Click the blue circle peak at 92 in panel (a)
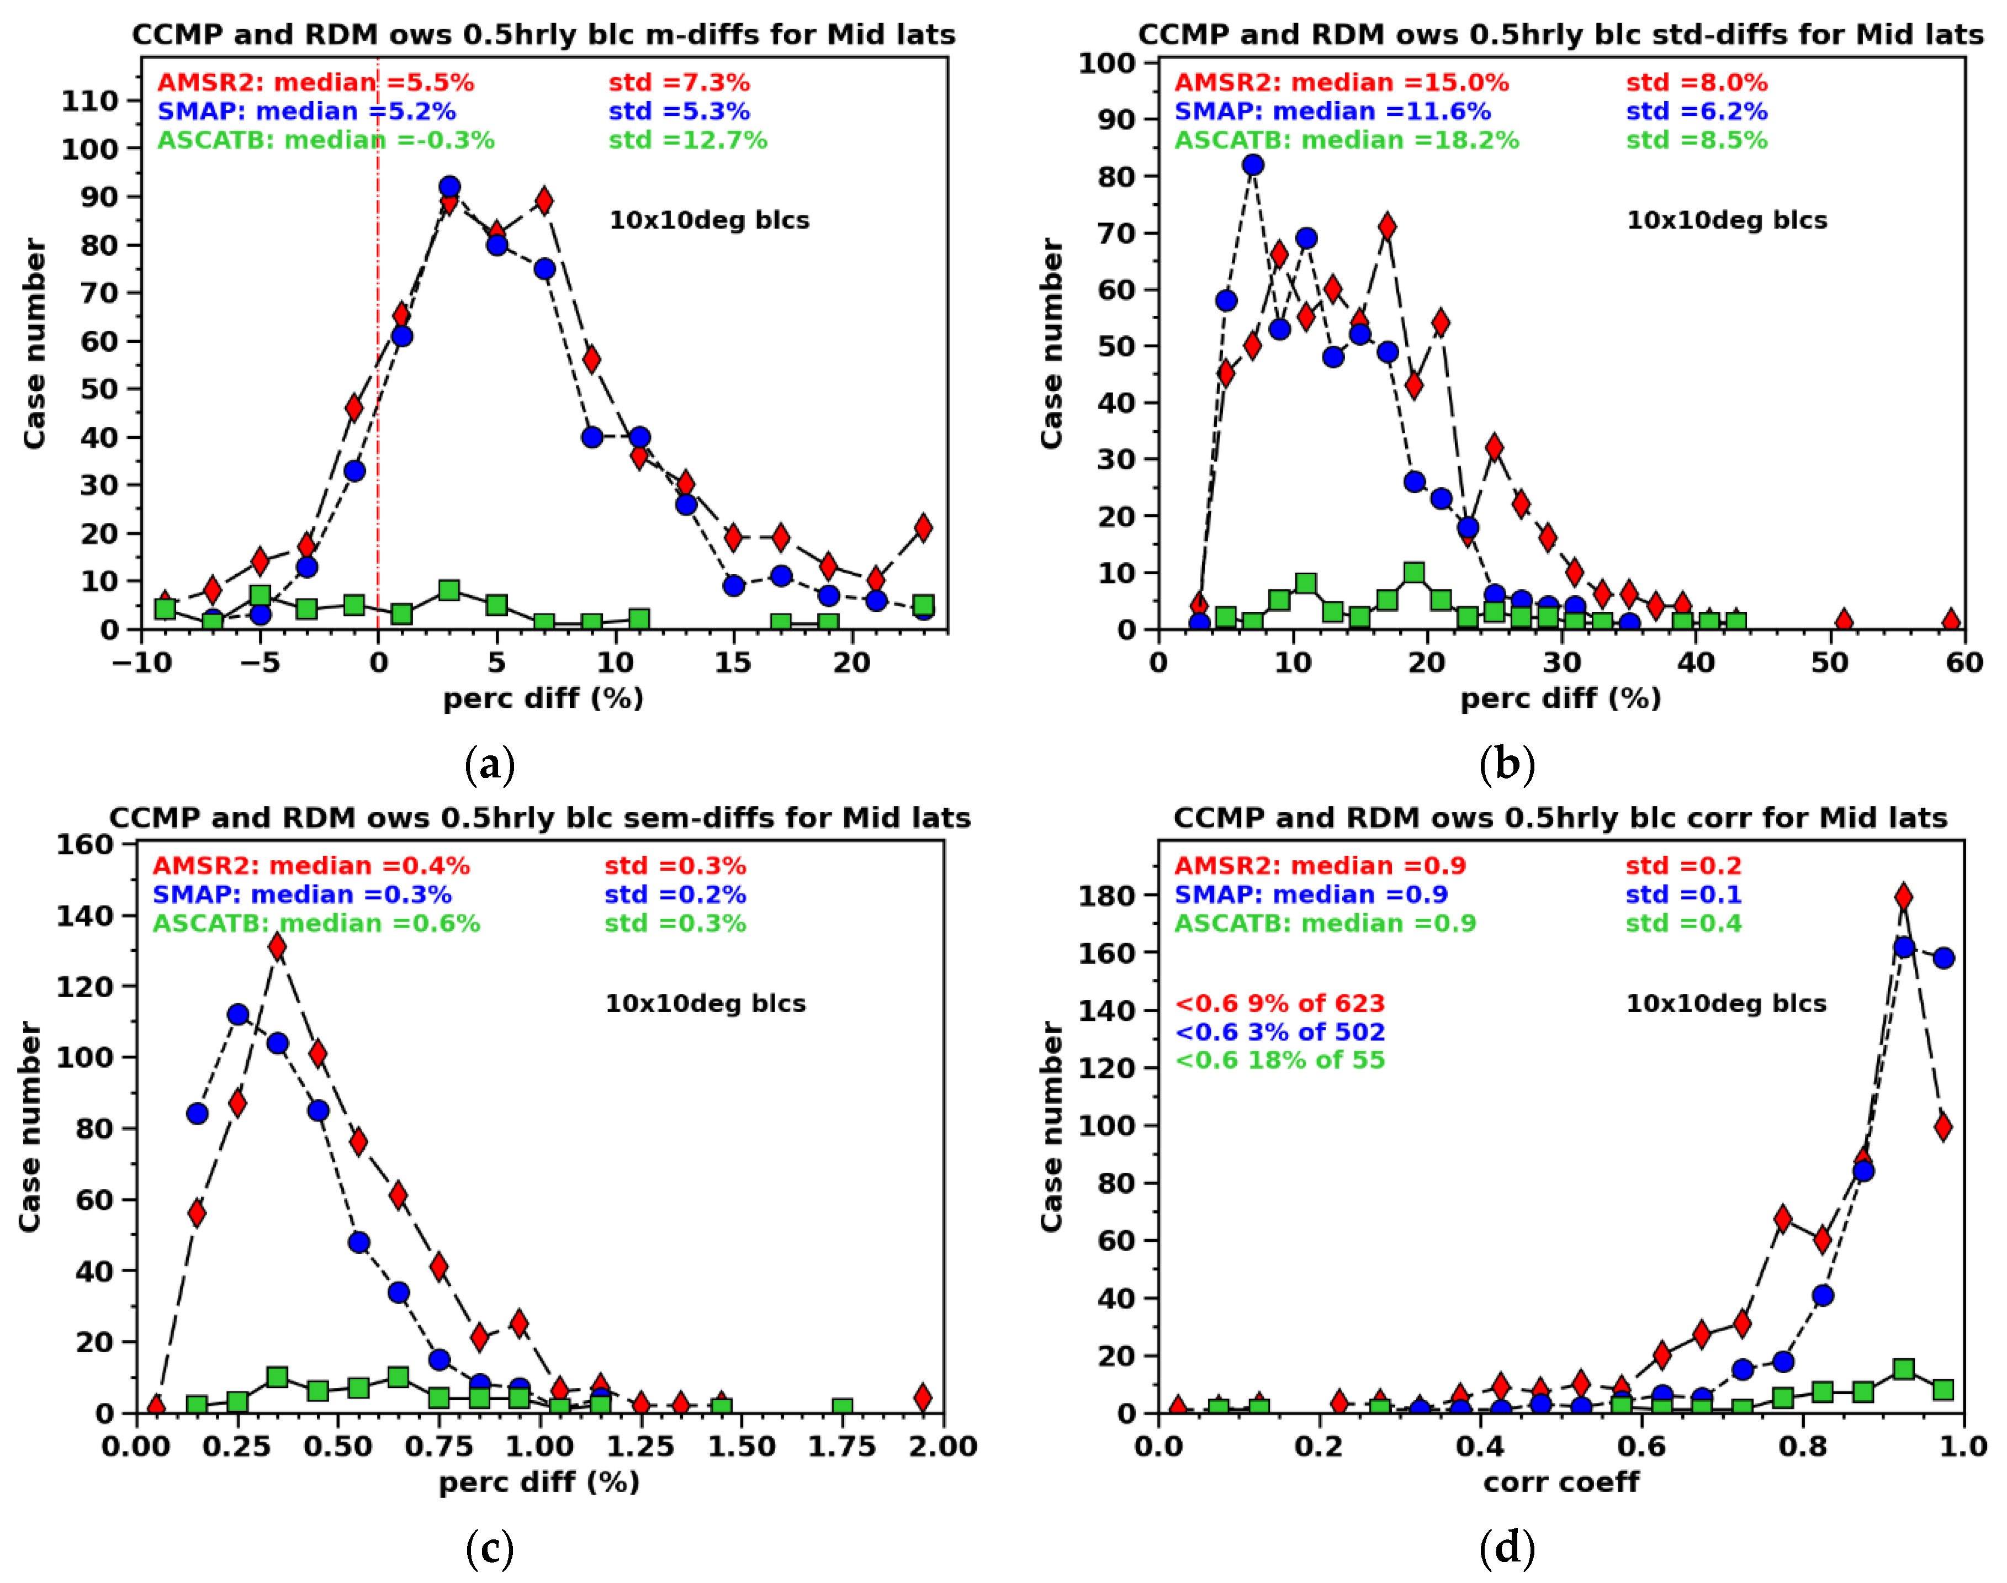449,187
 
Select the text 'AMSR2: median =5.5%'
315,82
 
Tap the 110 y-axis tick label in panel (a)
90,101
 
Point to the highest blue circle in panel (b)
1253,165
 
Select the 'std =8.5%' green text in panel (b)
1697,141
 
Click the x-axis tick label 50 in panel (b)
1829,663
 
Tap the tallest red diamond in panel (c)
277,946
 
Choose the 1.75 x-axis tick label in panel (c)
841,1447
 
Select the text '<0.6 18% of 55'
1280,1060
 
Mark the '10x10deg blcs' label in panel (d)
1727,1004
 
